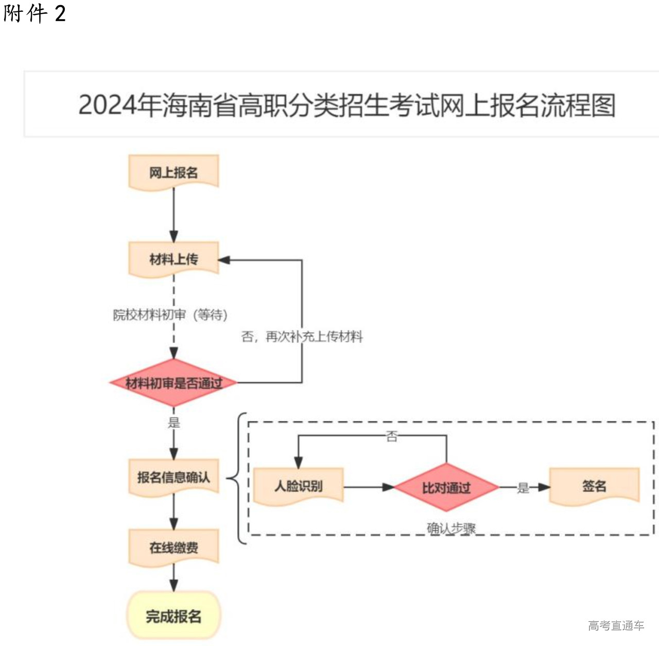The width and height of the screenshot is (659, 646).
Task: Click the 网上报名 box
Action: coord(174,172)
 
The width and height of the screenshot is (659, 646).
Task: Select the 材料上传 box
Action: coord(174,259)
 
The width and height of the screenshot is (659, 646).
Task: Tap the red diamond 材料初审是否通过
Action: coord(174,383)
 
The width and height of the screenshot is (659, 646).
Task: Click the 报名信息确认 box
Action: coord(174,478)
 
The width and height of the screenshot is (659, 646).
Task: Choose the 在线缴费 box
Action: coord(174,547)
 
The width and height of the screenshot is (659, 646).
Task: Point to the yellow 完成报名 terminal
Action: coord(174,616)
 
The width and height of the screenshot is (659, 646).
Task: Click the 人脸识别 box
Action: coord(298,486)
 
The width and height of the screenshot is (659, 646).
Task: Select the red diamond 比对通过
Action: coord(446,487)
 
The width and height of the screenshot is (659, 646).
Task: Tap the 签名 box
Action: coord(594,486)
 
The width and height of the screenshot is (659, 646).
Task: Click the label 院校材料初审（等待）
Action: coord(170,315)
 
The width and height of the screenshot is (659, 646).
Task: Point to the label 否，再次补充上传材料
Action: coord(302,336)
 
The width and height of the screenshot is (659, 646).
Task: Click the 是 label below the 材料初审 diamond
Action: coord(174,422)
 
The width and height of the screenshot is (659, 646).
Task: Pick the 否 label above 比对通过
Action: coord(392,437)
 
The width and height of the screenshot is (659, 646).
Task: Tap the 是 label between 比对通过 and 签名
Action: coord(523,487)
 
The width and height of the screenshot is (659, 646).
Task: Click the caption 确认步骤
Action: coord(451,528)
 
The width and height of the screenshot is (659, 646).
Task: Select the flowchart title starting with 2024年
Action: coord(346,105)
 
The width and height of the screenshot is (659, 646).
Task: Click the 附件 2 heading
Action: coord(34,13)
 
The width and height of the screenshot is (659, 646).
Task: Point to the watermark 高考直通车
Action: coord(616,625)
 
